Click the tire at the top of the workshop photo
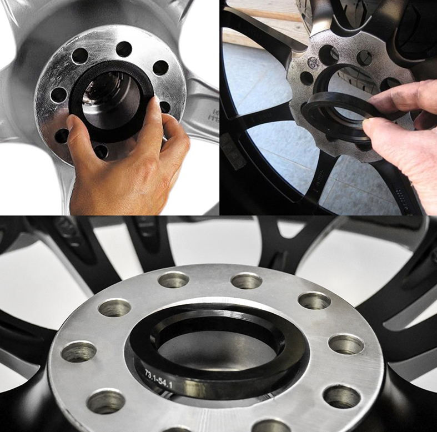(355, 22)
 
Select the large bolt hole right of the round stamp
(328, 54)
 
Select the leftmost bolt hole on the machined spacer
(78, 351)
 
